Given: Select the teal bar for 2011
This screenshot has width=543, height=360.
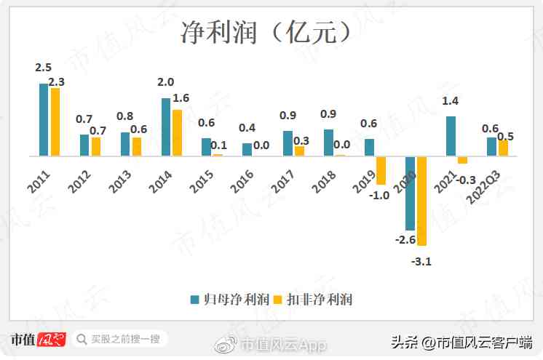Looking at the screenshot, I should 44,119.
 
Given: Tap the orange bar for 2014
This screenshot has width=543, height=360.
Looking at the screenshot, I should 177,132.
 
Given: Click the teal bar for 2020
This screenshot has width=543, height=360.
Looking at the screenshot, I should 410,193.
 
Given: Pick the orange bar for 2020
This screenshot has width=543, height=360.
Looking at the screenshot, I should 421,201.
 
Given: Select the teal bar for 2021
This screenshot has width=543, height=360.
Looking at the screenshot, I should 451,136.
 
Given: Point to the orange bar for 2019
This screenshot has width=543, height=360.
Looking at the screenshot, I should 381,170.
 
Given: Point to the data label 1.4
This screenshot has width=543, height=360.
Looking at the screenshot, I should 451,101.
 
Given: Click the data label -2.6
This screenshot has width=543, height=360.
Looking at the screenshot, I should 405,240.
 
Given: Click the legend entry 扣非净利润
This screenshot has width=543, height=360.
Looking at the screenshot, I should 320,299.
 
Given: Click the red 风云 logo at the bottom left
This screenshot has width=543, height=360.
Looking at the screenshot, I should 52,340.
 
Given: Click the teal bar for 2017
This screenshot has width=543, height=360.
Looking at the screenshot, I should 288,143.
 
